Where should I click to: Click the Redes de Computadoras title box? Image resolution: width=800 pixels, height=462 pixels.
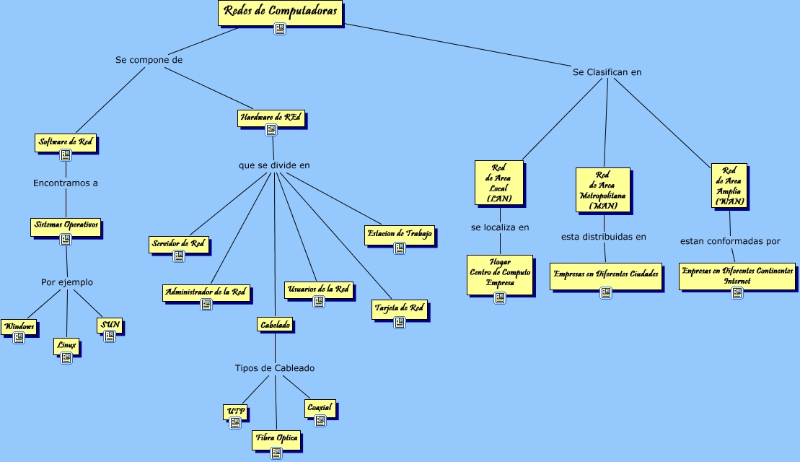pyautogui.click(x=281, y=13)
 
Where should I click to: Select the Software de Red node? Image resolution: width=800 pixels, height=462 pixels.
pyautogui.click(x=66, y=143)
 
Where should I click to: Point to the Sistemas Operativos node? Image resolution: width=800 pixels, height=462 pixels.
pyautogui.click(x=66, y=227)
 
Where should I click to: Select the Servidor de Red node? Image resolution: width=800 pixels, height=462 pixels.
pyautogui.click(x=179, y=244)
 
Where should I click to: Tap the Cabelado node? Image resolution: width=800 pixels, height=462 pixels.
pyautogui.click(x=275, y=325)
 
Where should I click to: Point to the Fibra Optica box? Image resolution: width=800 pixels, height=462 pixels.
pyautogui.click(x=276, y=440)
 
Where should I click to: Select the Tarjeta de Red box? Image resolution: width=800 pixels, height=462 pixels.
pyautogui.click(x=400, y=310)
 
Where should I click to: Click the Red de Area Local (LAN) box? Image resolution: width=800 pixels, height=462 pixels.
pyautogui.click(x=499, y=183)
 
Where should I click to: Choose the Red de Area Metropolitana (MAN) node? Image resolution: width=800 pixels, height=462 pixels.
pyautogui.click(x=603, y=190)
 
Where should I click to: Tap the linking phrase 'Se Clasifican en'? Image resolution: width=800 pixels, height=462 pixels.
pyautogui.click(x=607, y=72)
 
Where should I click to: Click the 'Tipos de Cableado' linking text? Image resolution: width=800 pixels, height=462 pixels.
pyautogui.click(x=275, y=368)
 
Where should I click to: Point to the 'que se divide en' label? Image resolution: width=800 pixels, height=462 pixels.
pyautogui.click(x=274, y=165)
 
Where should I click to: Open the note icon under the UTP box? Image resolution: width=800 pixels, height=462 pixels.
pyautogui.click(x=235, y=423)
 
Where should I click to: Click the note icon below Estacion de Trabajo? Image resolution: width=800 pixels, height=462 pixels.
pyautogui.click(x=400, y=248)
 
